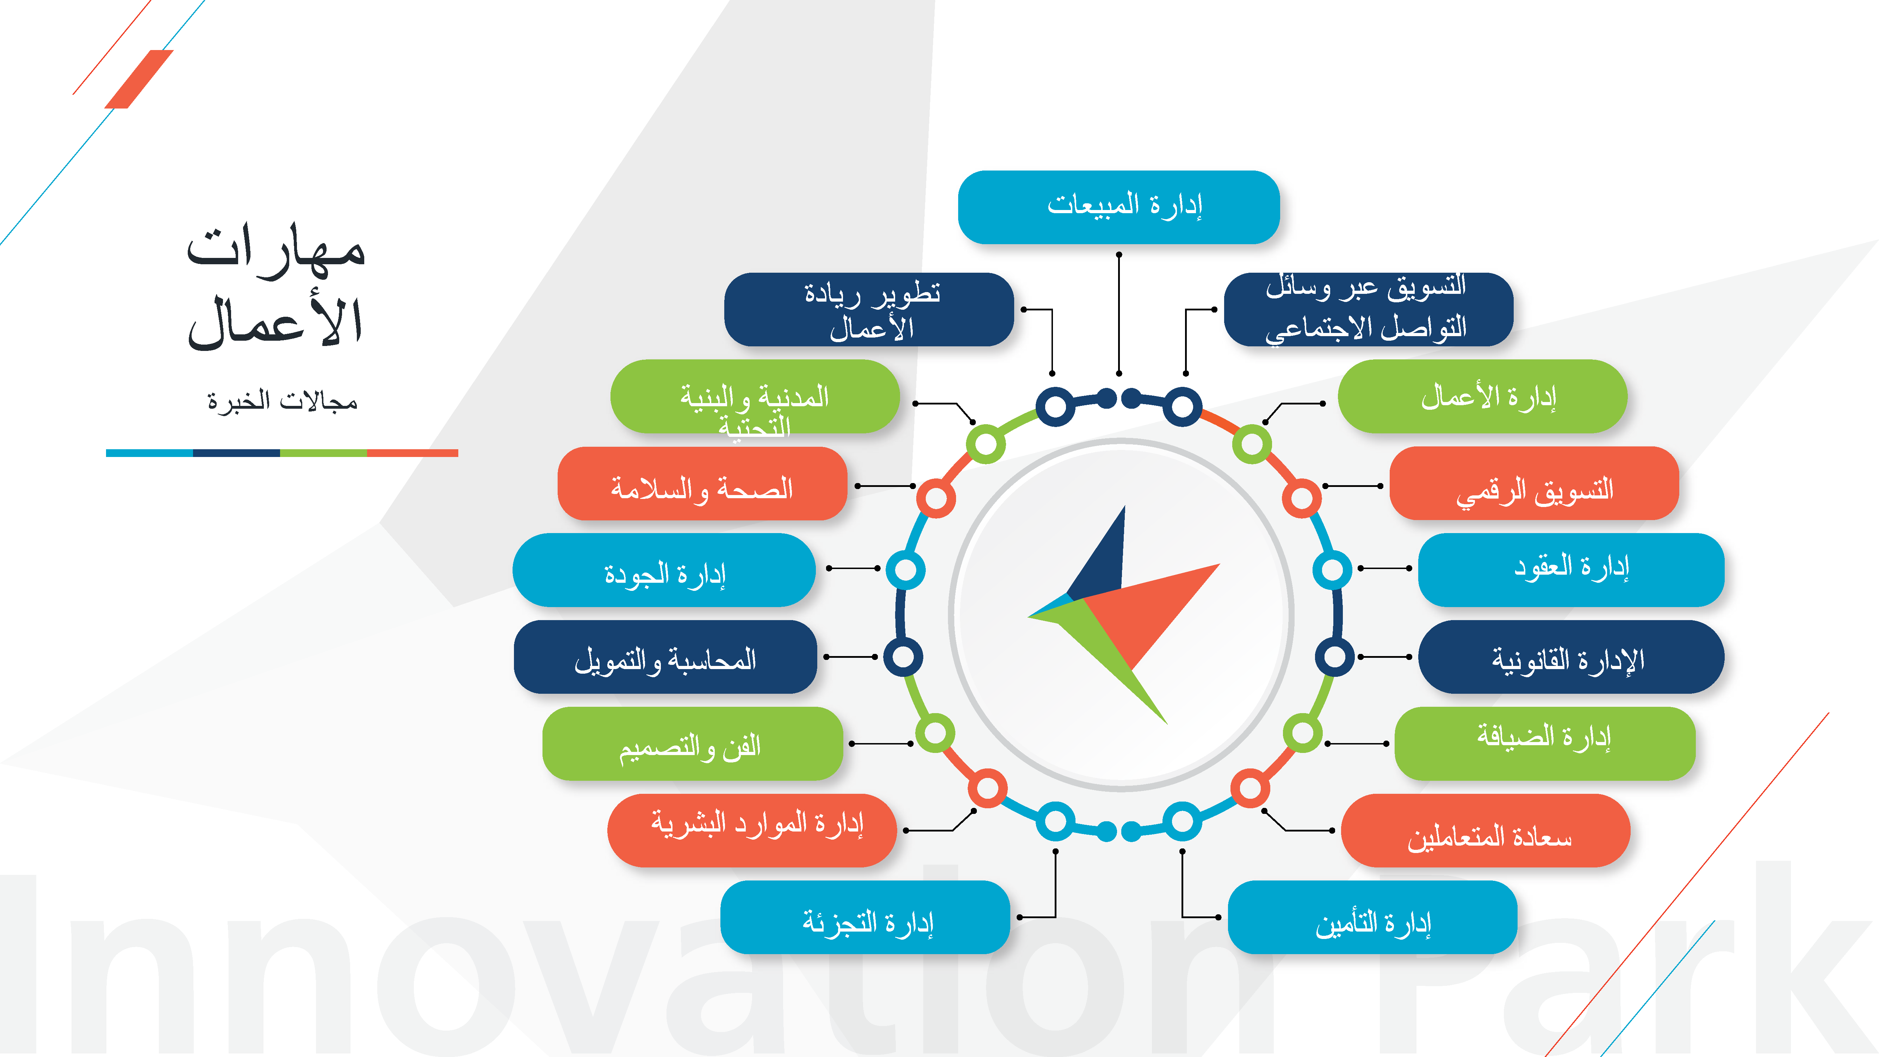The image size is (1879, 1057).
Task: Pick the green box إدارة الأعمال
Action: [1482, 396]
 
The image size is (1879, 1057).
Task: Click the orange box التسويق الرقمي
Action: [1534, 484]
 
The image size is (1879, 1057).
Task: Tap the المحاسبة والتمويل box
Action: [664, 656]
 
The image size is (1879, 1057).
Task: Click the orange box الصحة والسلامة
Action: [702, 484]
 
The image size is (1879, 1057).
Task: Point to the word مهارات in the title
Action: [276, 250]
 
